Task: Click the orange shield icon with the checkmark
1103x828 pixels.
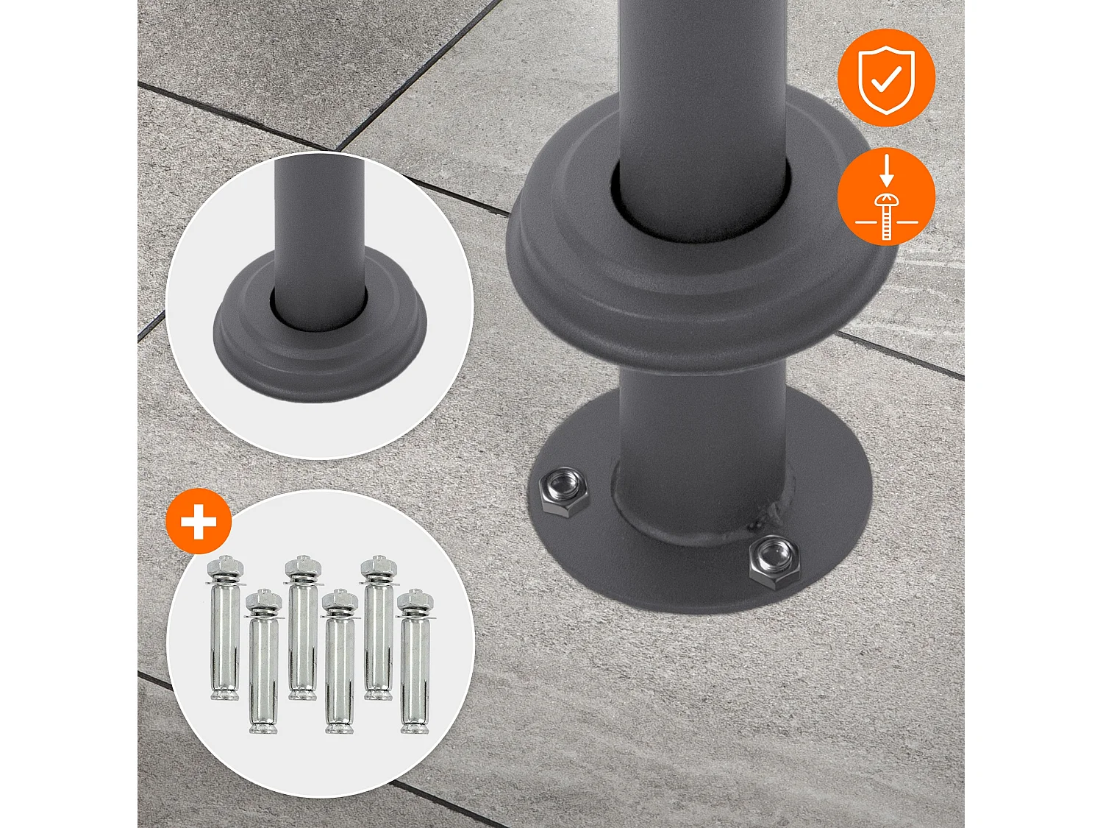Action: click(886, 78)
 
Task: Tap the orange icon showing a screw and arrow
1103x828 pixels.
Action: click(886, 197)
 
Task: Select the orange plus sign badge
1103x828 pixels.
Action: click(199, 522)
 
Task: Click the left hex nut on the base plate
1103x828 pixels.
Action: click(564, 491)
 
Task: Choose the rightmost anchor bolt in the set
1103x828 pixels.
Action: click(415, 662)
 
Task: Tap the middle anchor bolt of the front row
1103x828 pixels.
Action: click(340, 662)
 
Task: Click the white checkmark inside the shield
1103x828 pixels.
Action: click(888, 80)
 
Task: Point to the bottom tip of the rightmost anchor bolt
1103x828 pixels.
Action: click(414, 729)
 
